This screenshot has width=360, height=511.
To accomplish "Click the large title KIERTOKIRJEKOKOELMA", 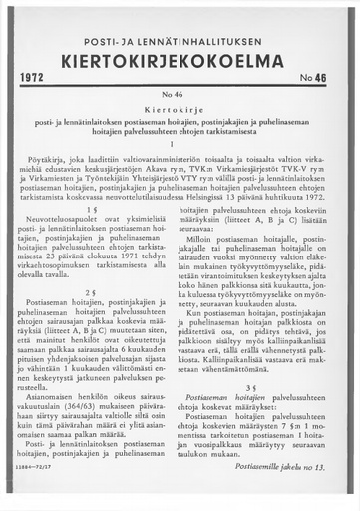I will (x=180, y=54).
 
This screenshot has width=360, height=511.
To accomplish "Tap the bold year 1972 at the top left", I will (x=36, y=76).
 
